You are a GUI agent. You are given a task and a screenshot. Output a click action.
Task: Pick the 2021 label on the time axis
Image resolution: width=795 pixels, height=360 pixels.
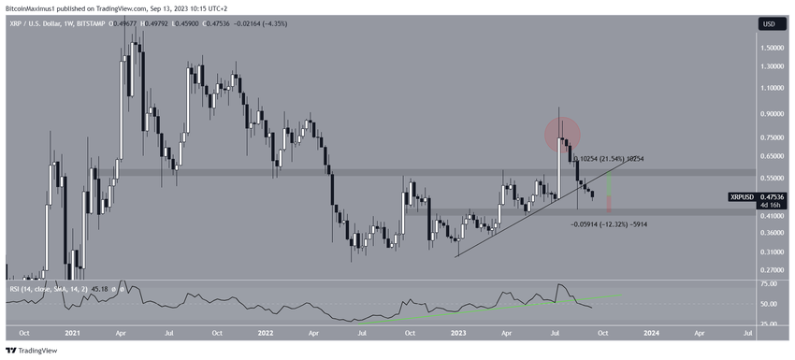[x=72, y=332]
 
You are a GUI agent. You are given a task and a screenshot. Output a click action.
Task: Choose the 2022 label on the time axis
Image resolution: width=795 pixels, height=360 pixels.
[x=265, y=332]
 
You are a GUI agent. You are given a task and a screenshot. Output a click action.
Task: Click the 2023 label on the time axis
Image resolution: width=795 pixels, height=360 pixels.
[x=457, y=332]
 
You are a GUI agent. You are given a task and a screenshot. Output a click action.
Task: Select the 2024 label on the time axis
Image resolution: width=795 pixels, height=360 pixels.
[x=652, y=332]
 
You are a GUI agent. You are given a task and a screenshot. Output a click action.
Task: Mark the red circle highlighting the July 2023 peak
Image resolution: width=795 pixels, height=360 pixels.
[x=563, y=135]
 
